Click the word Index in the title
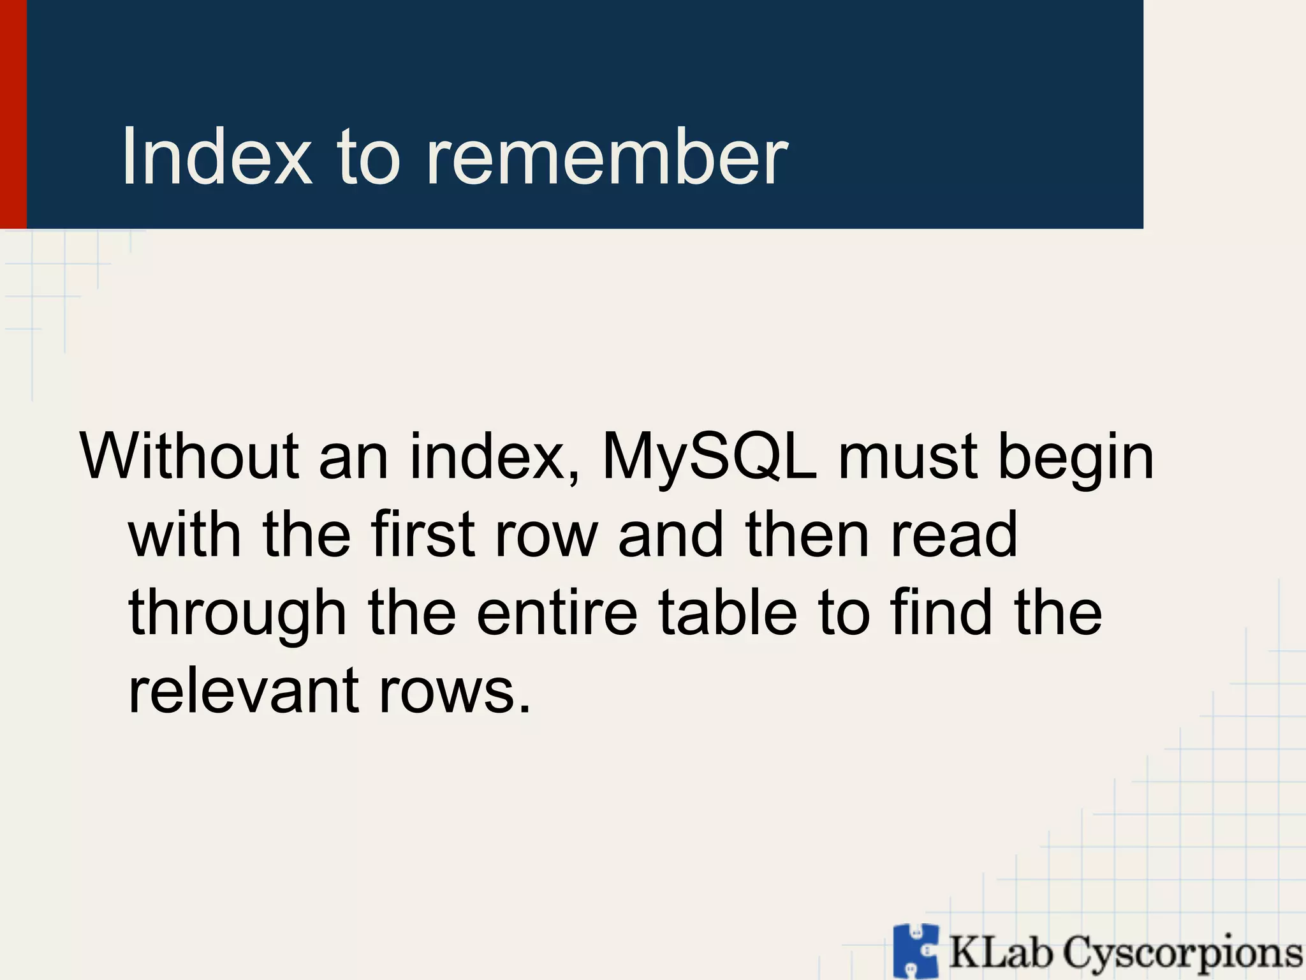tap(217, 157)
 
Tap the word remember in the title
tap(606, 157)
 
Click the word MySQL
tap(709, 458)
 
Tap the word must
tap(907, 457)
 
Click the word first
tap(423, 535)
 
